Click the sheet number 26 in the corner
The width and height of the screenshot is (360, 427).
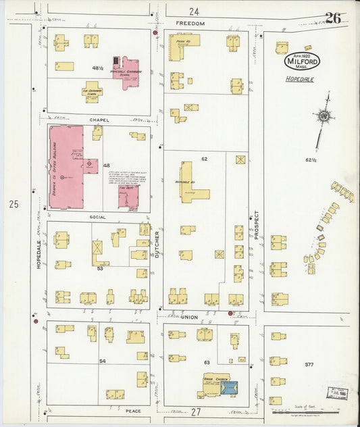tap(332, 18)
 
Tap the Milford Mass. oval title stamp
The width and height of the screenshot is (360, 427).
tap(302, 61)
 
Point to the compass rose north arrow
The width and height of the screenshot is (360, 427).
tap(324, 117)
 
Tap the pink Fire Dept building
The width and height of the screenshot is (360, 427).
tap(128, 197)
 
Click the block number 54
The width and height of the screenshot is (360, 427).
tap(103, 361)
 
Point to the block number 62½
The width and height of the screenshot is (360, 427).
tap(311, 160)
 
